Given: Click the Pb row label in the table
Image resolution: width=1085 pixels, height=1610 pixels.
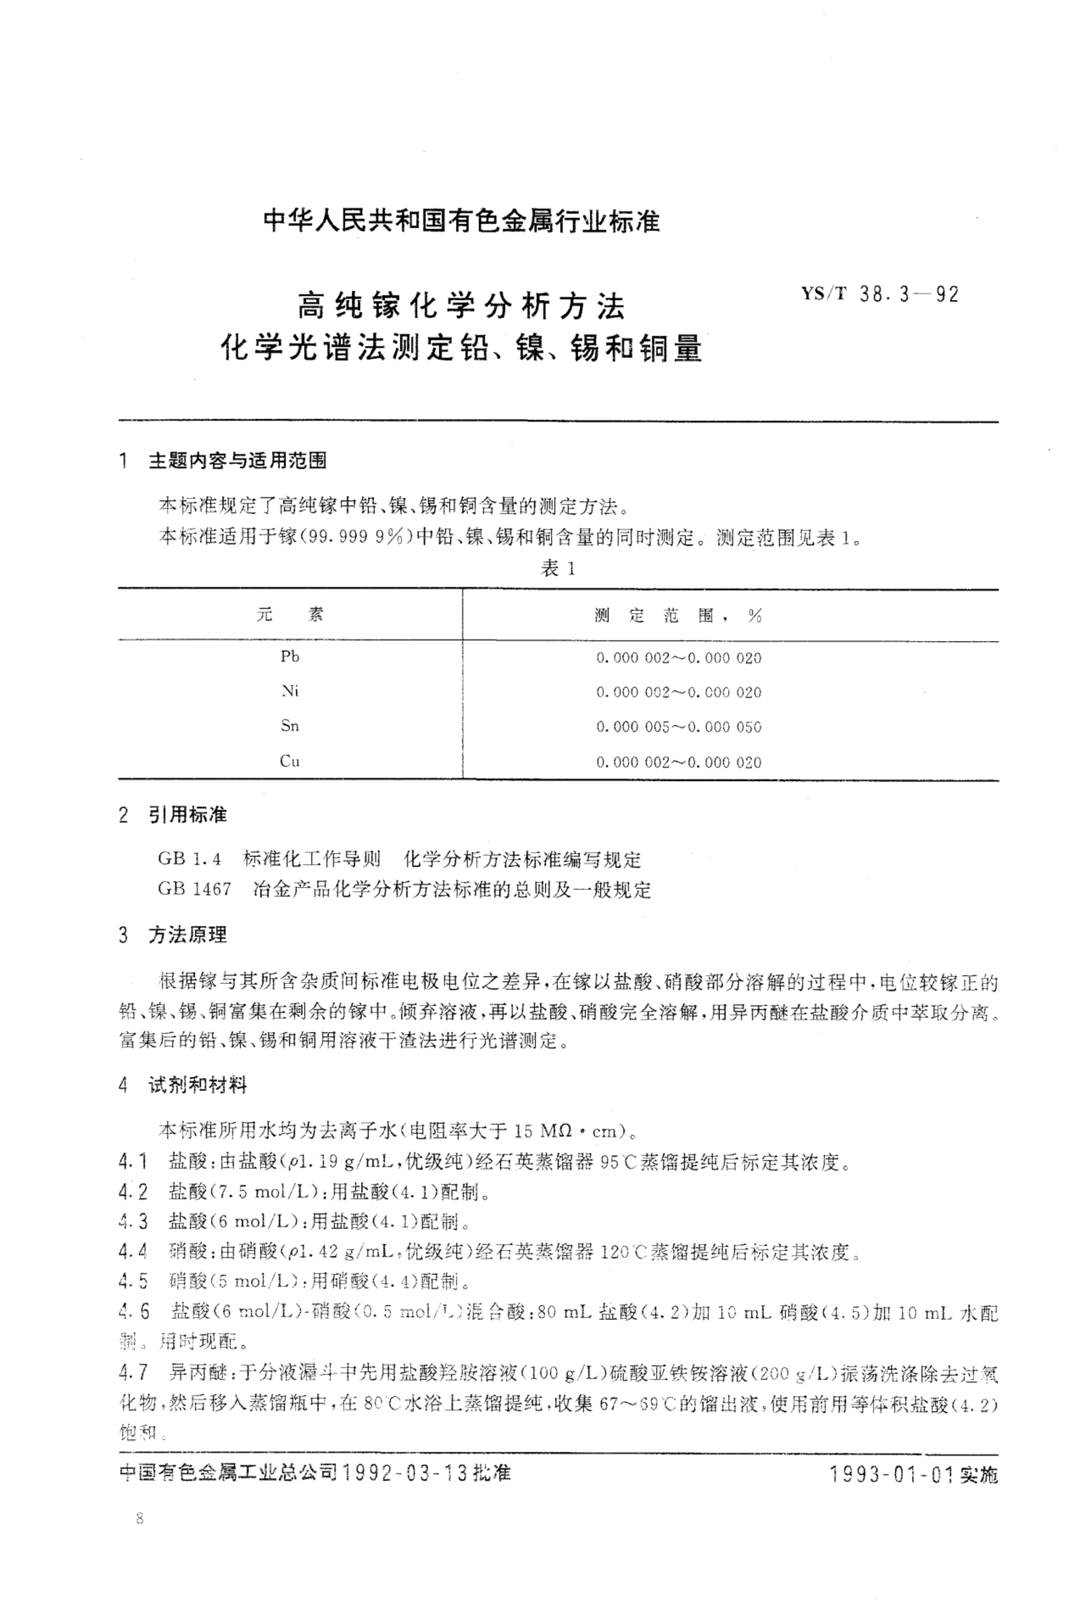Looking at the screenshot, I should click(290, 656).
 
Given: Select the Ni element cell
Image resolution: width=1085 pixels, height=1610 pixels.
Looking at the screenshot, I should click(290, 691).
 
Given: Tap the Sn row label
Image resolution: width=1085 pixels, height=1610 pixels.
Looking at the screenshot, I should click(290, 725).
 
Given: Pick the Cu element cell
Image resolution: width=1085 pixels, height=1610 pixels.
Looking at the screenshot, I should click(290, 761).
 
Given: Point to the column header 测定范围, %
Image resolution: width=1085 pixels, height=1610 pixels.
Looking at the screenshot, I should click(678, 615).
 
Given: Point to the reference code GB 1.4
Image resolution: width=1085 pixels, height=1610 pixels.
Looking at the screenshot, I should click(190, 859).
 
